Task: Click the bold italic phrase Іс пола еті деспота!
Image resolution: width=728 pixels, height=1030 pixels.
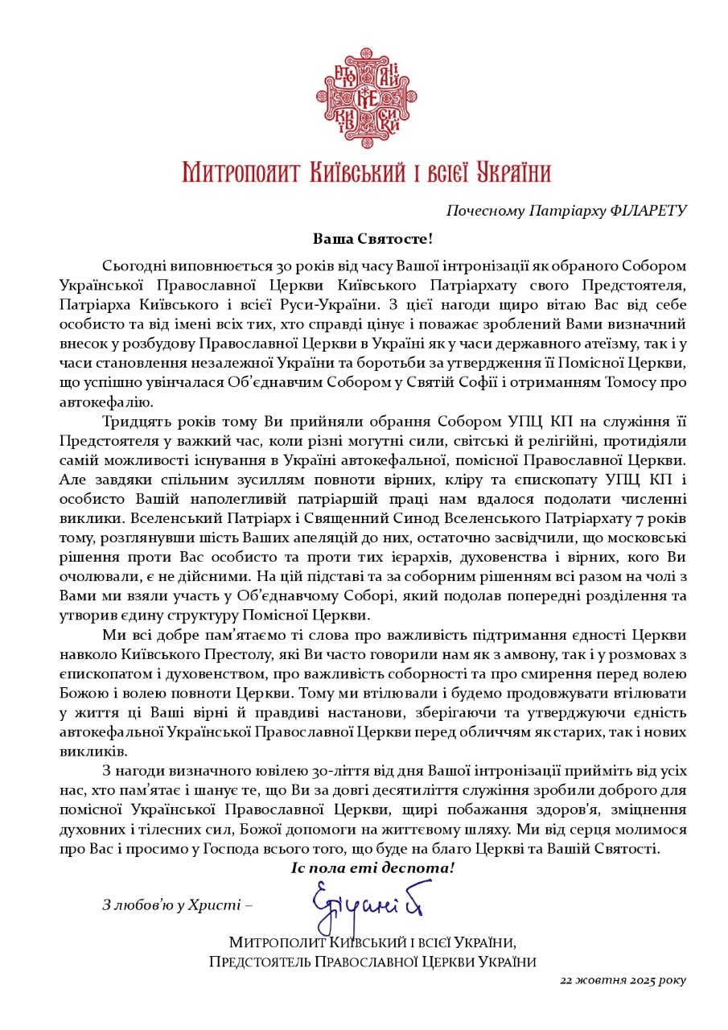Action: coord(373,868)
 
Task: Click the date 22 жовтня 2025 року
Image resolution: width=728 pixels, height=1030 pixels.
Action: coord(624,980)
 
